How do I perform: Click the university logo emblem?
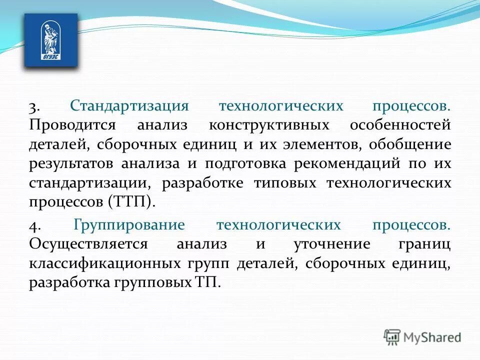coord(51,40)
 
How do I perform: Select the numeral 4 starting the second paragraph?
coord(34,225)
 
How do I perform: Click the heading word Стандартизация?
coord(129,106)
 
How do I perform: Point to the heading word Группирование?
coord(129,225)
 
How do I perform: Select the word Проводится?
coord(72,125)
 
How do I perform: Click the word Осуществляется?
coord(88,244)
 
